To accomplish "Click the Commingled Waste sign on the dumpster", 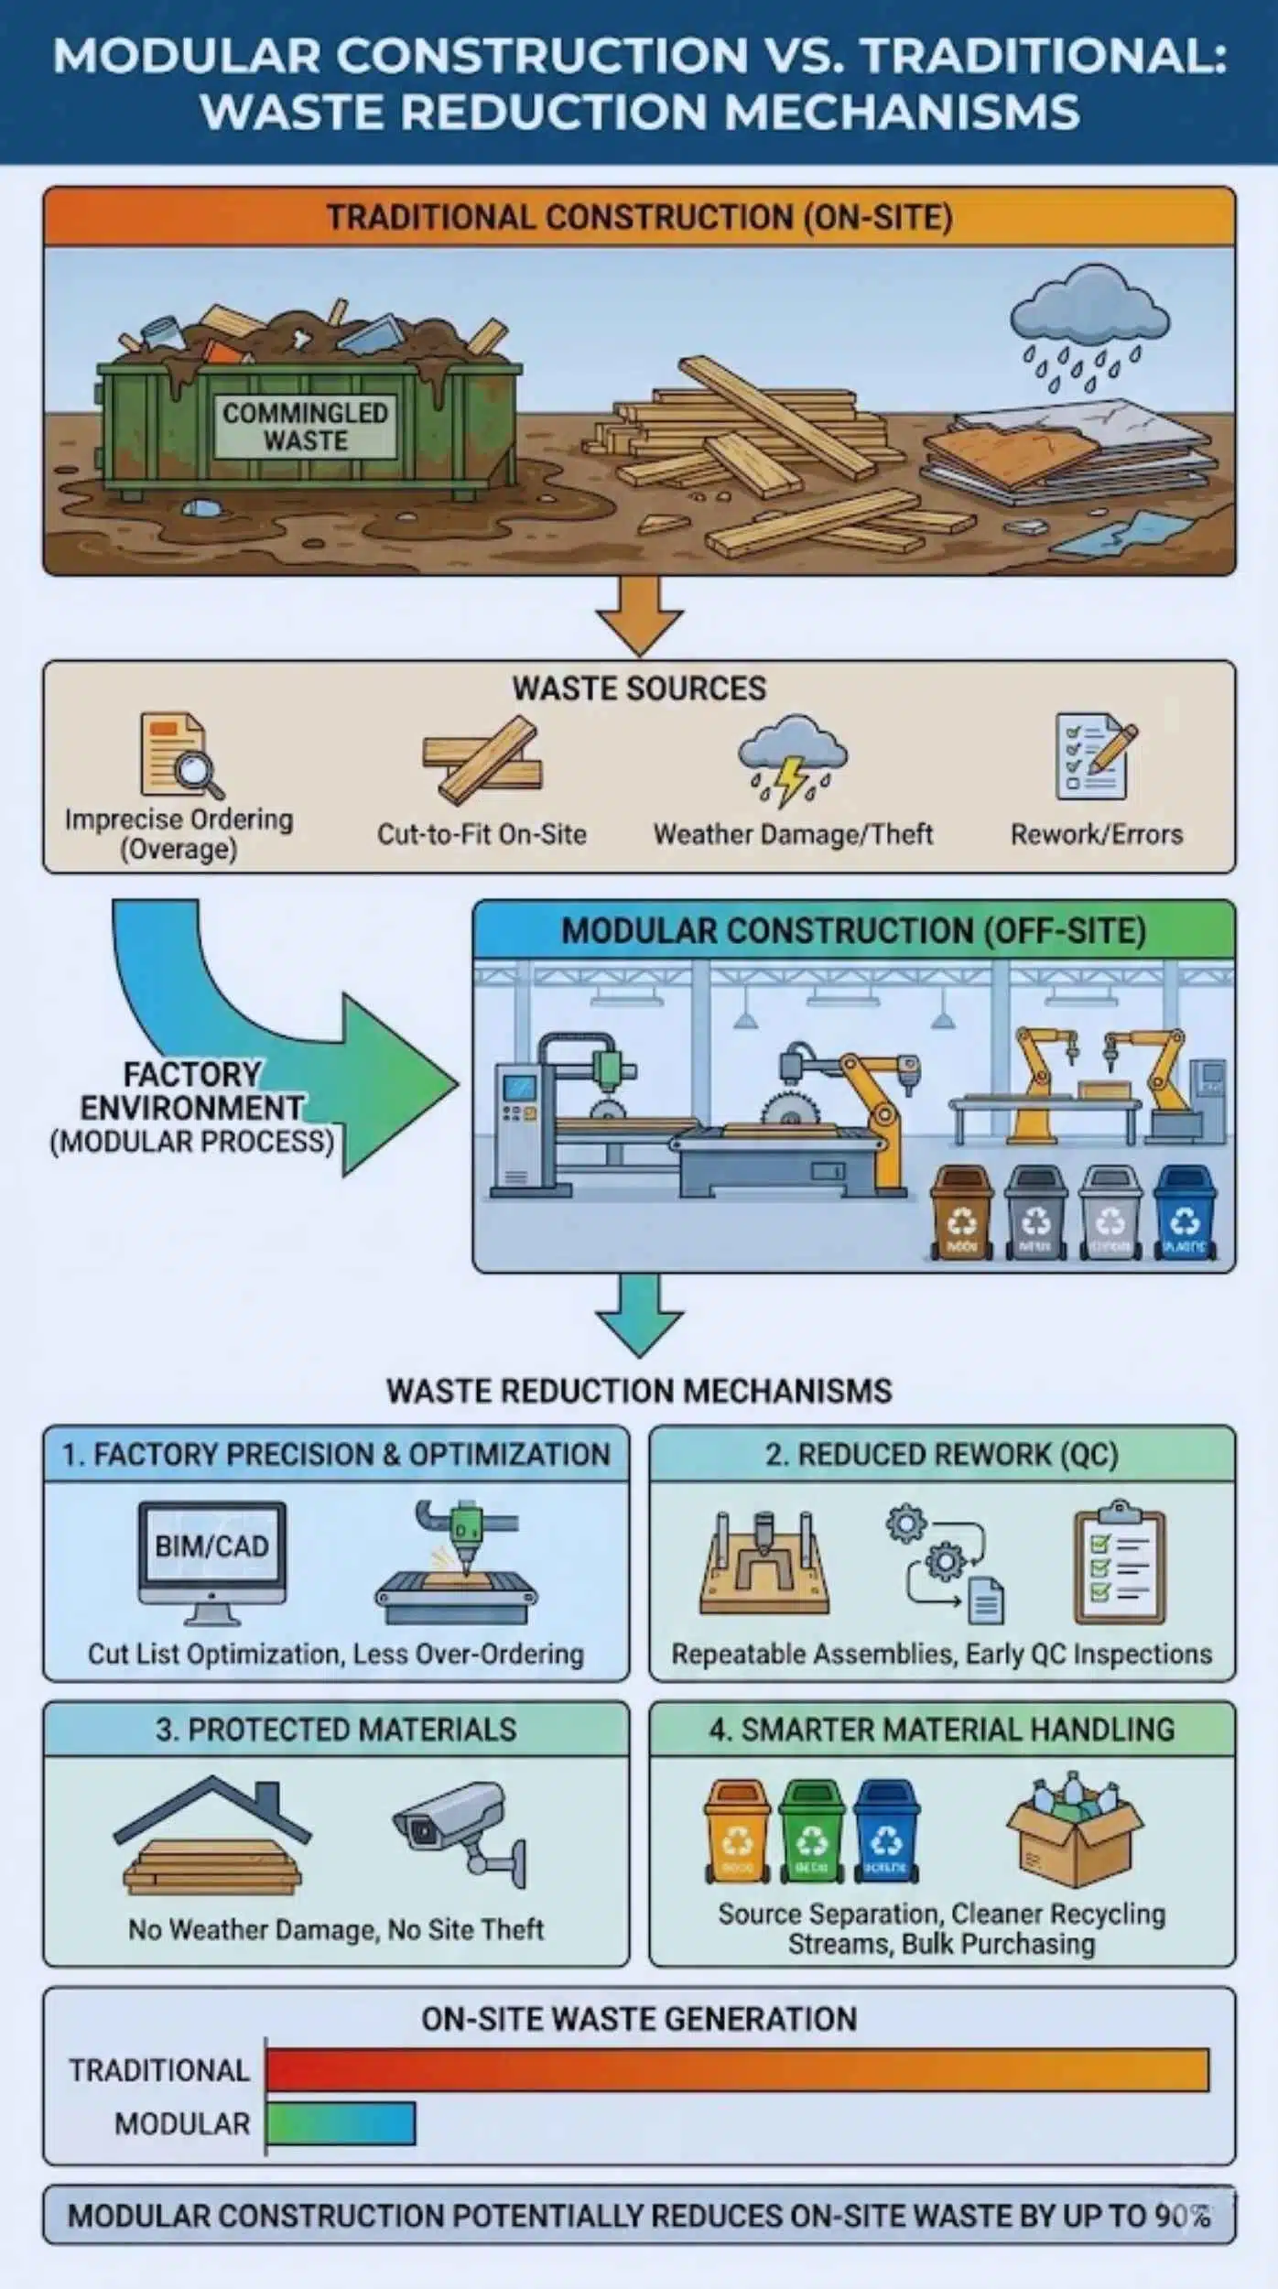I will point(306,427).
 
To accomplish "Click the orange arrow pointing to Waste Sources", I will point(639,615).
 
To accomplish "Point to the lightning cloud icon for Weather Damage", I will point(793,758).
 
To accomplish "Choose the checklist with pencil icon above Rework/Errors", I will point(1096,755).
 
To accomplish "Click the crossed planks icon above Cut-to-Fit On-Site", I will point(482,759).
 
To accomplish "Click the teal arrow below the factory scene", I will point(639,1315).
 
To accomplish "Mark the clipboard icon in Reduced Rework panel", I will point(1119,1560).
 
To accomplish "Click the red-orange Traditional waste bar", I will point(737,2070).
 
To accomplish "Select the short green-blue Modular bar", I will point(341,2123).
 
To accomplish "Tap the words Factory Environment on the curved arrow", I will point(191,1090).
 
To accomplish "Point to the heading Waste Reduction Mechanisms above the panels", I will point(639,1391).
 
